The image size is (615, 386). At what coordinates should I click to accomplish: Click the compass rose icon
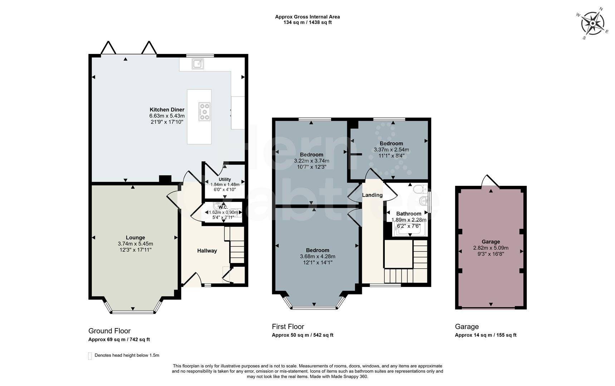(592, 24)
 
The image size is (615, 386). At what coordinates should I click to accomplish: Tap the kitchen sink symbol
(198, 64)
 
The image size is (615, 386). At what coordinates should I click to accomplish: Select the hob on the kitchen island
(205, 111)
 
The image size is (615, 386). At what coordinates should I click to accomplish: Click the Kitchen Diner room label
(167, 110)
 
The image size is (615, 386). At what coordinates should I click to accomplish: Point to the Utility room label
(225, 179)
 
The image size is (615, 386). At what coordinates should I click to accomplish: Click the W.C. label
(223, 207)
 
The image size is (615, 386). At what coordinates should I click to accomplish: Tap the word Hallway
(207, 251)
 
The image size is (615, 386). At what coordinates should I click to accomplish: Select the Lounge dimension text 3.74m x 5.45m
(135, 244)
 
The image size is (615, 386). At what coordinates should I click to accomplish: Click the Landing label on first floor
(372, 195)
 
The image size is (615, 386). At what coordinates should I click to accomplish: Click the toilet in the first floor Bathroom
(419, 189)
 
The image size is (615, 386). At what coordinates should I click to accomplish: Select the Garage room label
(491, 242)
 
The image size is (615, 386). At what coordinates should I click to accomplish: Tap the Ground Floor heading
(109, 331)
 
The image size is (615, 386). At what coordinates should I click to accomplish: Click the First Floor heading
(288, 327)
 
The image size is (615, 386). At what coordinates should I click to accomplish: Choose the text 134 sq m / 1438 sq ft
(307, 23)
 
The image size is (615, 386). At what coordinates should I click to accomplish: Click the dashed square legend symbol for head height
(90, 356)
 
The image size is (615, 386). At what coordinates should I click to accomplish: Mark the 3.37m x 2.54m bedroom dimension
(391, 150)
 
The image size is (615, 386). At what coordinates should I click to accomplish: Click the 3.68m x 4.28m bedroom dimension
(318, 257)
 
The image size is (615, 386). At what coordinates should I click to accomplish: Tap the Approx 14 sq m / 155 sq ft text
(486, 335)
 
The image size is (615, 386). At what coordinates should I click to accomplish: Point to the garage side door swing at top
(490, 181)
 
